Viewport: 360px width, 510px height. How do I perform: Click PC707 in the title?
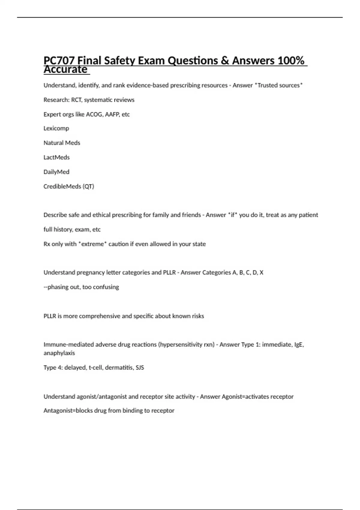(x=59, y=61)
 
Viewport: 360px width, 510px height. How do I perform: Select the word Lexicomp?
(x=56, y=128)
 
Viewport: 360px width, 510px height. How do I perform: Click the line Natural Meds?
(x=62, y=143)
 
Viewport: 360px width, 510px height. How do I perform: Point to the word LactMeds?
(x=56, y=157)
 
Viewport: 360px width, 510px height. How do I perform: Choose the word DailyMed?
(x=56, y=172)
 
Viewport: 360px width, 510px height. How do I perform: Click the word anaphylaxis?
(x=59, y=353)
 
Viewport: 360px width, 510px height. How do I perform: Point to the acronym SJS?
(x=140, y=367)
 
